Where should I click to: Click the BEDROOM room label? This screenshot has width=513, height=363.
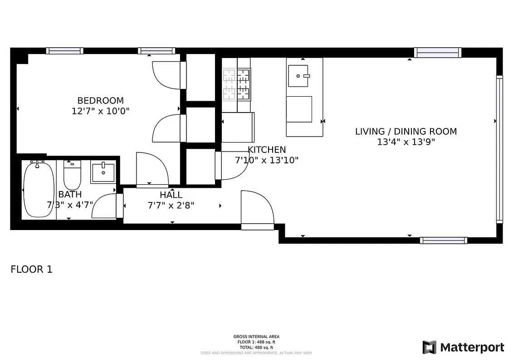point(100,101)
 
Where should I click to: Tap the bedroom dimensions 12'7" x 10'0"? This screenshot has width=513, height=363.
point(100,111)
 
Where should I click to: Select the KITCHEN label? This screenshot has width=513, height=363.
point(267,150)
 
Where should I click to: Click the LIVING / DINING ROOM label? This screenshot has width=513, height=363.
point(406,132)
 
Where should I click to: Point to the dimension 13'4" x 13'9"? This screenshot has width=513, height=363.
point(406,142)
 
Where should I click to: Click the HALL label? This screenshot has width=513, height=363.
point(171,195)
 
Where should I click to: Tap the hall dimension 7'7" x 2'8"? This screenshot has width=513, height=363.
point(171,206)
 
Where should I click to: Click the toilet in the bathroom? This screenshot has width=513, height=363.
point(72,176)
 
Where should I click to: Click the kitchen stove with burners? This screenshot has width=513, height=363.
point(236,84)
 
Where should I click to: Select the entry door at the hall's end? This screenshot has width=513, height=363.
point(257,209)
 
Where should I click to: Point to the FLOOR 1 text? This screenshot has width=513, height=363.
point(31,270)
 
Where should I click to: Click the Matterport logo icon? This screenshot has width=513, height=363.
point(429,348)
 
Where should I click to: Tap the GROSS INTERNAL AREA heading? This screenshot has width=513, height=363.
point(256,337)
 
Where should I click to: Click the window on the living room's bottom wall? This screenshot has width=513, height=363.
point(443,240)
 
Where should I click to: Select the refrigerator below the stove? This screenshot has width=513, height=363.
point(237,128)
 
